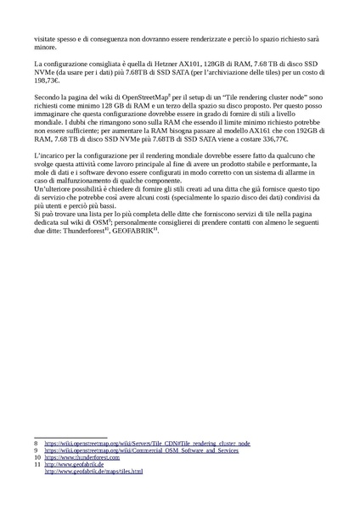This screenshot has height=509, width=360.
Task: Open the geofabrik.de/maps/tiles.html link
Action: [x=93, y=471]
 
